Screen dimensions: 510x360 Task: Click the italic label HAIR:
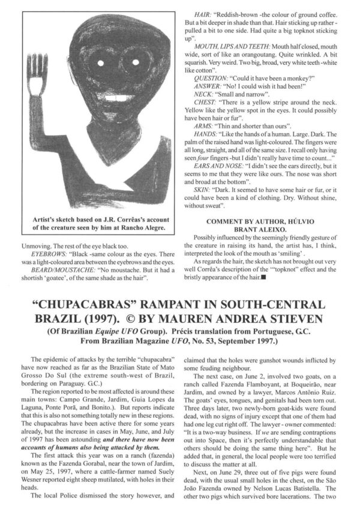coord(203,13)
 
